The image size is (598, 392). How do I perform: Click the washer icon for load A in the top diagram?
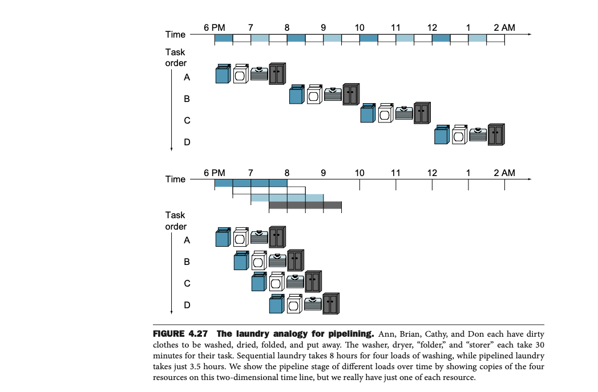(x=223, y=74)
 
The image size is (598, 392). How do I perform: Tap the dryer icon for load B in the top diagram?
(x=314, y=95)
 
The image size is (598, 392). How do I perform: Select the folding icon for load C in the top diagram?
(x=405, y=113)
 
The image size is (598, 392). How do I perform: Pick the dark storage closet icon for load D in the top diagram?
(x=496, y=134)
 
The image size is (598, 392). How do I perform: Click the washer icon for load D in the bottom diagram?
(x=277, y=303)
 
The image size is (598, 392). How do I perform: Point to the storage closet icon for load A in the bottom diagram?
(x=277, y=236)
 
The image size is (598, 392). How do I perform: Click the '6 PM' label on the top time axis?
(x=214, y=27)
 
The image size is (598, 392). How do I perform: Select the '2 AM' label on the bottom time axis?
(x=504, y=173)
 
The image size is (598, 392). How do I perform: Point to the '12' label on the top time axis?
(x=432, y=27)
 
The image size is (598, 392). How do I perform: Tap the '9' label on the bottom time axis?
(x=323, y=173)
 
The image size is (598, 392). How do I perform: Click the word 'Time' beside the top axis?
(x=175, y=35)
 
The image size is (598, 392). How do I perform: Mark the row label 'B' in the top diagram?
(x=187, y=99)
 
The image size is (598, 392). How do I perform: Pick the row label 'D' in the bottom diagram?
(x=187, y=305)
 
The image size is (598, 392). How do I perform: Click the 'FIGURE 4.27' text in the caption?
(x=183, y=333)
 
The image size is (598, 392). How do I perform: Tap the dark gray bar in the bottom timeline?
(x=305, y=205)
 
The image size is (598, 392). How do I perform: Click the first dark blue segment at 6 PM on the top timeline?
(x=223, y=38)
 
